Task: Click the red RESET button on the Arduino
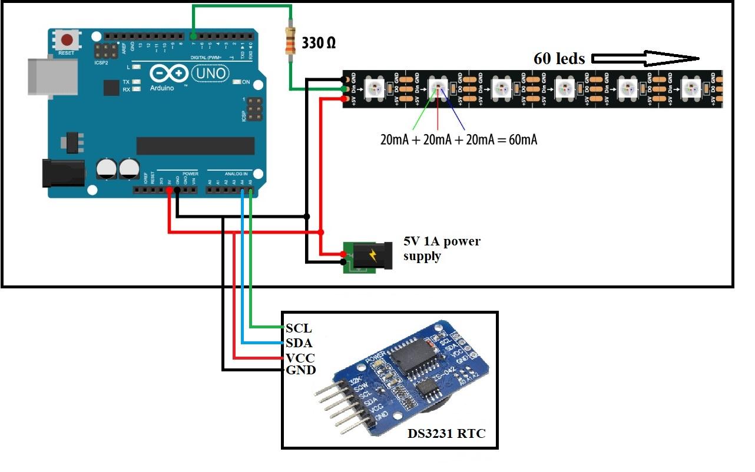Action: [x=68, y=40]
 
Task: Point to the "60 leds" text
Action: [x=559, y=58]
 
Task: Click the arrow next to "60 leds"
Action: [x=645, y=58]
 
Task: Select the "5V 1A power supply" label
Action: [x=441, y=248]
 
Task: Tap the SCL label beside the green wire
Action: [x=299, y=328]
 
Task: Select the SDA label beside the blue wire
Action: [x=299, y=343]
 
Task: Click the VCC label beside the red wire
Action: [x=300, y=358]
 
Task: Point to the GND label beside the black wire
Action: [x=300, y=370]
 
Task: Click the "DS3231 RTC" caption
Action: [x=446, y=434]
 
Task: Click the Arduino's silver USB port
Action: [x=51, y=75]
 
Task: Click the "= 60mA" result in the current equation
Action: [x=518, y=139]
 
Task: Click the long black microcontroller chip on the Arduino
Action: [x=195, y=145]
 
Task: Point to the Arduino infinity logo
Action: [x=169, y=74]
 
